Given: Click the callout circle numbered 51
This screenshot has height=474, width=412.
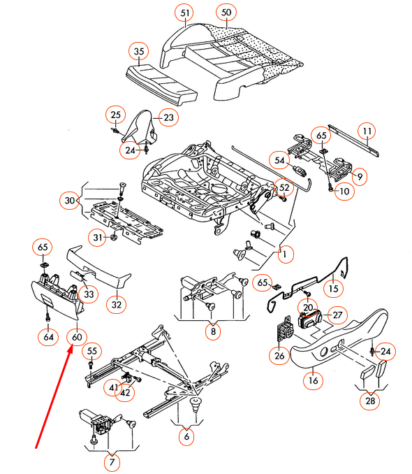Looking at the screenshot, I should (184, 13).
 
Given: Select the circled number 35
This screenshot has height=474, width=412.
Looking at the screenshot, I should (139, 51).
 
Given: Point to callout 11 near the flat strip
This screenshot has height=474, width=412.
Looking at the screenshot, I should (367, 131).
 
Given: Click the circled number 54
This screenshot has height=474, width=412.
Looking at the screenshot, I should (280, 160).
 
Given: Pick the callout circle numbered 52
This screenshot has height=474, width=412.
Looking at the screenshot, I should (284, 187).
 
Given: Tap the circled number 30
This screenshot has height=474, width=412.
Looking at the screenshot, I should (68, 201).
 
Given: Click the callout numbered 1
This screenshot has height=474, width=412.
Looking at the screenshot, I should (283, 255).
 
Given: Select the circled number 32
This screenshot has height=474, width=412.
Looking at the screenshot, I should (117, 304).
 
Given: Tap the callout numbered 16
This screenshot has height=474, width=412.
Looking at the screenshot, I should (312, 380).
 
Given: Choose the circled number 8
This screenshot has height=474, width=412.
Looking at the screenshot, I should (213, 332).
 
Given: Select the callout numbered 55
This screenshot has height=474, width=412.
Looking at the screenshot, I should (93, 351).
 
